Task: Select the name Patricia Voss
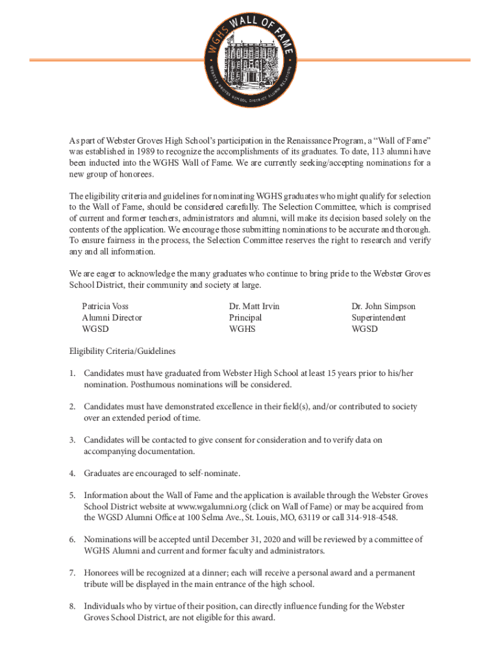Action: pos(105,306)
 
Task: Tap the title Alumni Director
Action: pos(112,318)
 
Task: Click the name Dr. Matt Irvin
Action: pos(254,306)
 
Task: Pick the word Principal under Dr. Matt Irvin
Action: pos(245,318)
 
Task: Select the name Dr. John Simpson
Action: pos(383,306)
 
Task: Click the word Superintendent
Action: pos(379,318)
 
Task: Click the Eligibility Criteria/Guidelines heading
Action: pos(123,351)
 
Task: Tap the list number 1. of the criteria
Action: pos(73,373)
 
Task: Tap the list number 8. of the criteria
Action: pos(73,606)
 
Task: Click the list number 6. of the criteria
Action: pos(73,540)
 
